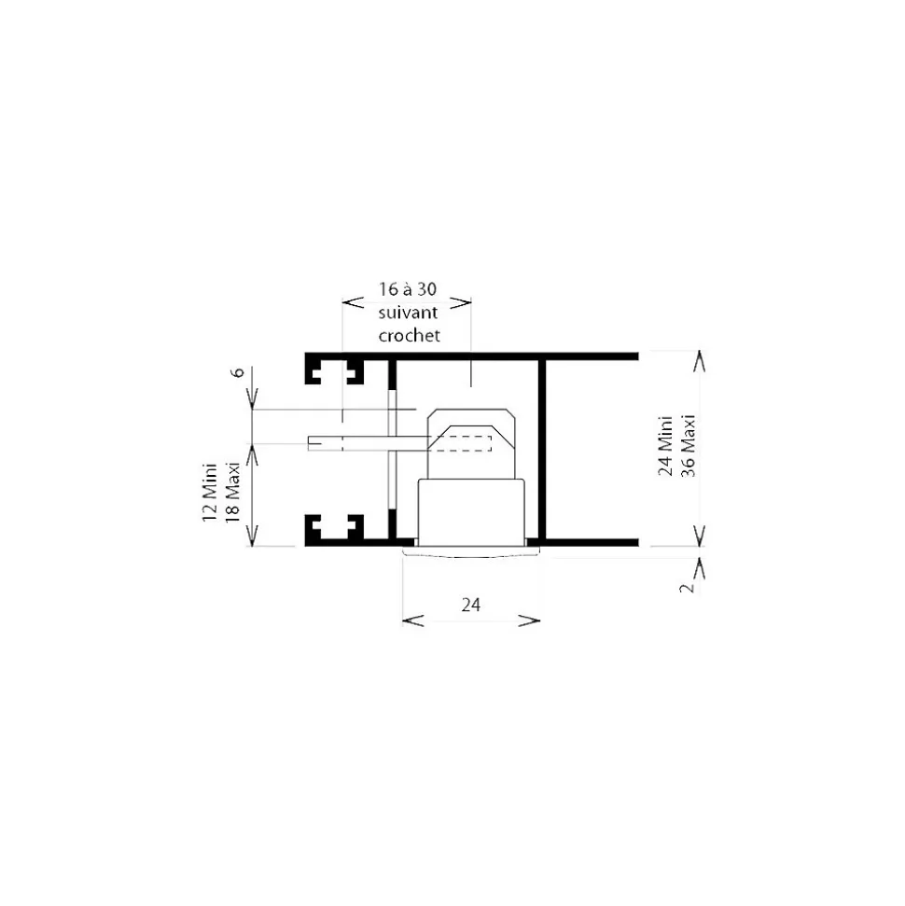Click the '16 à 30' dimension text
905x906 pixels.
[408, 289]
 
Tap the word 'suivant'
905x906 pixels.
[408, 313]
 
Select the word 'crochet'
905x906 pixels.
[410, 335]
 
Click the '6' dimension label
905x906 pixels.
[238, 372]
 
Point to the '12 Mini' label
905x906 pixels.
[209, 493]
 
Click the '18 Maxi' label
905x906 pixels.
[232, 493]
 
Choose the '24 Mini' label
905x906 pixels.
[665, 445]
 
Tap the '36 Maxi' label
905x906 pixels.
[689, 445]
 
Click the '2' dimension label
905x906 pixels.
[687, 588]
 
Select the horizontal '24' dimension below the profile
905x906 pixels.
[471, 605]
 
